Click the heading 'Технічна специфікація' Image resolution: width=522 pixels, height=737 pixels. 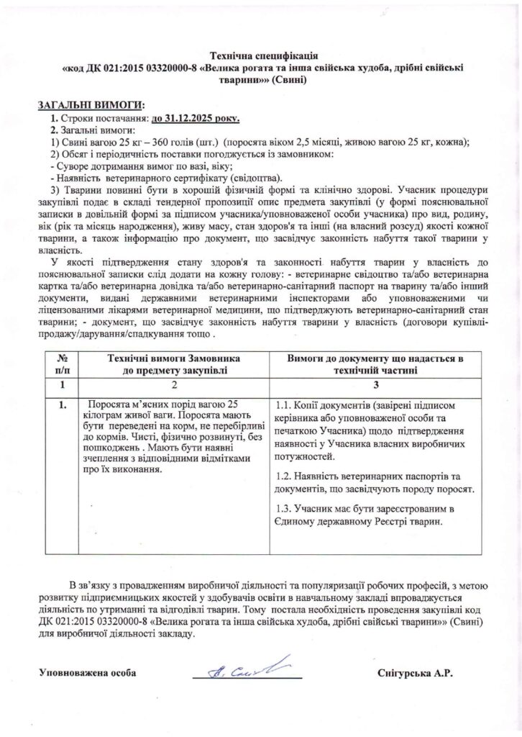point(262,55)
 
